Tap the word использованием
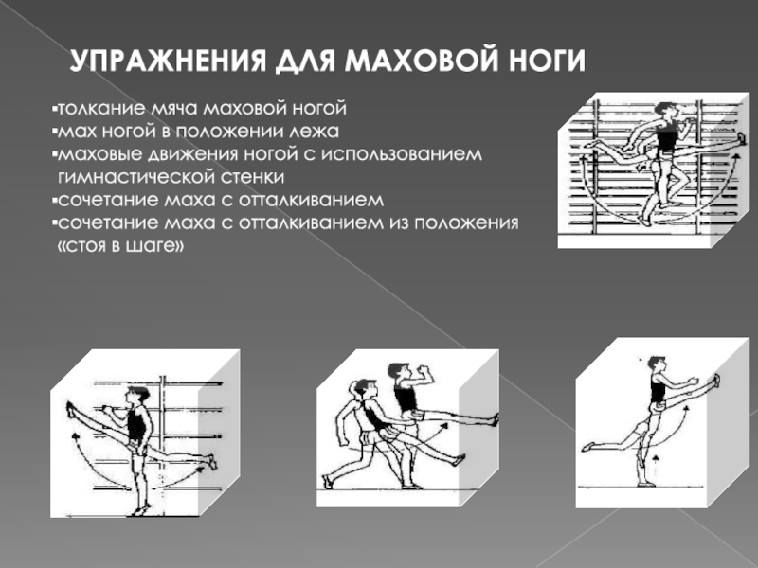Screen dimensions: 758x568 click(x=414, y=153)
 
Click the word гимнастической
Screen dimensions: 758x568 click(x=126, y=177)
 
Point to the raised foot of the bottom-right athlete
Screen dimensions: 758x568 click(x=716, y=381)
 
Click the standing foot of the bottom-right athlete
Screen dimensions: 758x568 click(x=646, y=483)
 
